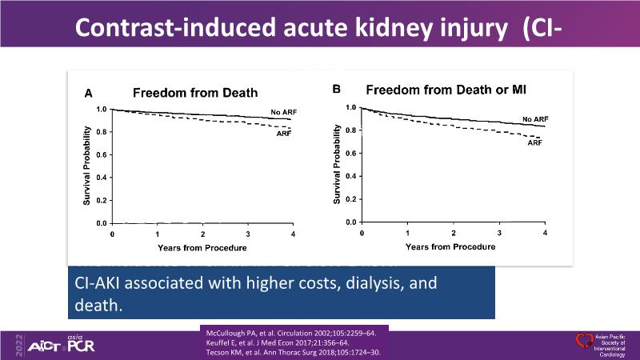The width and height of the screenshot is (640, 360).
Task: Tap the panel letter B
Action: pyautogui.click(x=337, y=90)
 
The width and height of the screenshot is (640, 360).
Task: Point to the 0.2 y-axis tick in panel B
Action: pyautogui.click(x=350, y=198)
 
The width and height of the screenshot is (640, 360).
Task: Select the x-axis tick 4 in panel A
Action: pyautogui.click(x=292, y=234)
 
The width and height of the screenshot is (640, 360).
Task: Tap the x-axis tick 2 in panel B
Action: pyautogui.click(x=454, y=233)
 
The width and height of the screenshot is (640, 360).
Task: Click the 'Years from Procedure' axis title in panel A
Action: pyautogui.click(x=202, y=247)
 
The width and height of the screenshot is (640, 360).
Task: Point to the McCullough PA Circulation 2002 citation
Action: pyautogui.click(x=293, y=329)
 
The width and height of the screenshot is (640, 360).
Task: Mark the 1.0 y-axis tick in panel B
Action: pyautogui.click(x=350, y=106)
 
